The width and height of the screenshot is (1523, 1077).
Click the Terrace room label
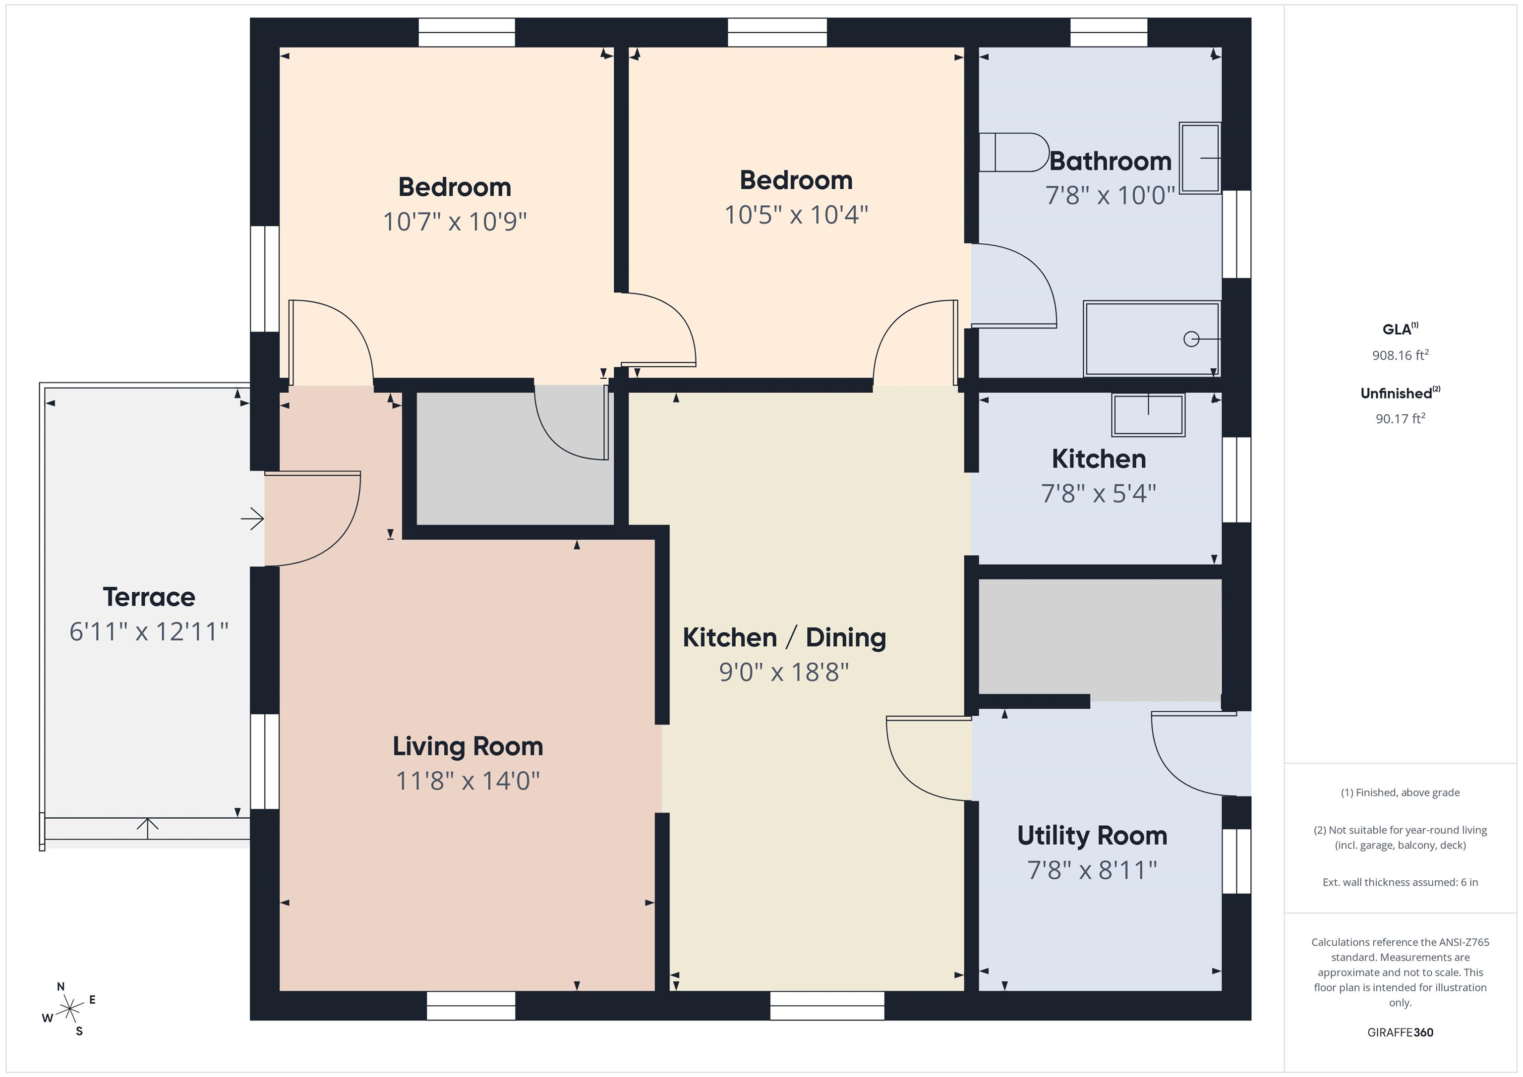point(149,597)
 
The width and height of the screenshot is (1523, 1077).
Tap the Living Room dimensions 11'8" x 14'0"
point(468,781)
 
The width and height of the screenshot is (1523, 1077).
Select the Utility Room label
point(1092,836)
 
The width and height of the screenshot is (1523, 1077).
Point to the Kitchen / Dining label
point(784,637)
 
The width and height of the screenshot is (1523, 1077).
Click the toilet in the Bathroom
point(1013,153)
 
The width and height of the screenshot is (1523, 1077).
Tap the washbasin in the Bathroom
point(1200,158)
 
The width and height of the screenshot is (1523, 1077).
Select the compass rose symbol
point(69,1010)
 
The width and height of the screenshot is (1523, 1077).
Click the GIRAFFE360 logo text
point(1400,1032)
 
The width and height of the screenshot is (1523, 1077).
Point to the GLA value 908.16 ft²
point(1400,355)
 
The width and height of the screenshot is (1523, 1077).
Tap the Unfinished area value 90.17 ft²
point(1400,418)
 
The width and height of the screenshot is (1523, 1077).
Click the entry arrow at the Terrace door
point(252,518)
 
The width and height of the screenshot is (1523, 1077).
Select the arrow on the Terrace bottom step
point(147,828)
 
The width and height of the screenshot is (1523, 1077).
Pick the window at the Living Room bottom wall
point(471,1005)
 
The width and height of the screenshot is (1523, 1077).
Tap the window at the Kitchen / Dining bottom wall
point(827,1005)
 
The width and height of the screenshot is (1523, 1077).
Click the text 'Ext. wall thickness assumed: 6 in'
point(1400,882)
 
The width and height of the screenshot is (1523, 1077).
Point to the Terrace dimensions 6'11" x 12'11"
point(149,631)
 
